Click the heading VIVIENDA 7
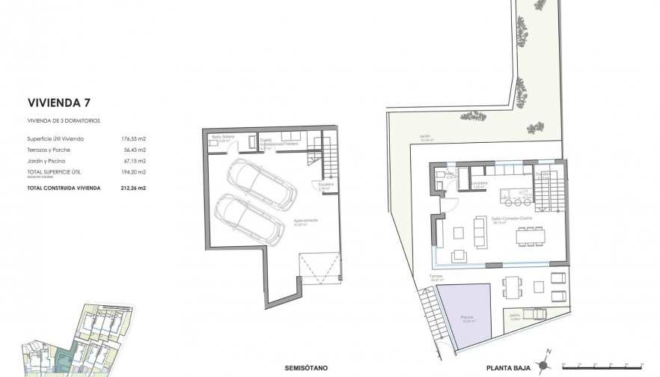coord(60,102)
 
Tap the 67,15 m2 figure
coord(133,160)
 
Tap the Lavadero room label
coord(480,183)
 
